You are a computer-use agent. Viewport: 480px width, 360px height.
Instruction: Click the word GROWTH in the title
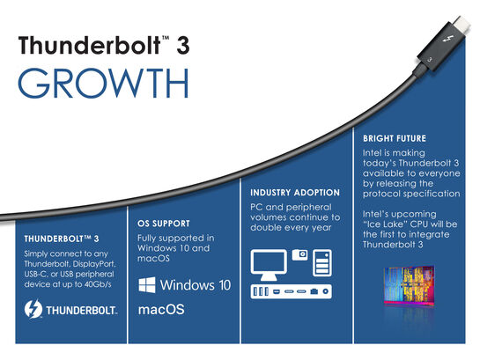pos(102,83)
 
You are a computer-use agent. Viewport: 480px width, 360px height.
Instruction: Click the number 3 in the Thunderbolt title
pos(184,46)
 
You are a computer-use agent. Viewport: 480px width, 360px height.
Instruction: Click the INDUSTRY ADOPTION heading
pos(294,193)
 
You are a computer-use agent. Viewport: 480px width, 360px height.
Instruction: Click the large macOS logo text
pos(162,311)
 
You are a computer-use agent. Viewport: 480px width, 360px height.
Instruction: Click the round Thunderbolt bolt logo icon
pos(35,309)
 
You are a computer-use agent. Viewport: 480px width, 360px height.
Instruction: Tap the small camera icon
pos(300,256)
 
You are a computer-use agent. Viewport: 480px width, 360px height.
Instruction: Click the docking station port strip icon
pos(292,291)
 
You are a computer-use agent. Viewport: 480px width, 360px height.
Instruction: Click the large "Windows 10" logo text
pos(196,285)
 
